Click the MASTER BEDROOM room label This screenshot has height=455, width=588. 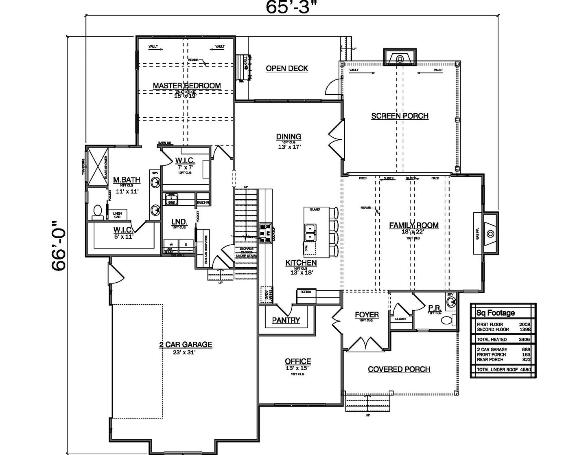(187, 86)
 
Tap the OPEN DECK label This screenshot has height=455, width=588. (287, 68)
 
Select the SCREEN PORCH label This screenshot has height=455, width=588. (400, 116)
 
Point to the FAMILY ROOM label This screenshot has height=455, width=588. (414, 225)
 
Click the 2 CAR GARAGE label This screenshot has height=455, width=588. (186, 345)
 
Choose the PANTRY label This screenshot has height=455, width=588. (286, 321)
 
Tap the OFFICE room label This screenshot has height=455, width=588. (298, 361)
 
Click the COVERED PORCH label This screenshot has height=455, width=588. (399, 369)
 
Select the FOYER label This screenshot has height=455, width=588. (367, 315)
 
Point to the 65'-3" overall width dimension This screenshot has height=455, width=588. (291, 7)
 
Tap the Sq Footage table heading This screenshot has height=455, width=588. (495, 313)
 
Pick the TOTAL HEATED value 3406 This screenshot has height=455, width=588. (524, 339)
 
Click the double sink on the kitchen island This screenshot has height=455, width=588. (310, 232)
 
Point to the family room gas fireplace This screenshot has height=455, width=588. (490, 233)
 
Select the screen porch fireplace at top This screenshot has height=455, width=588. (400, 58)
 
